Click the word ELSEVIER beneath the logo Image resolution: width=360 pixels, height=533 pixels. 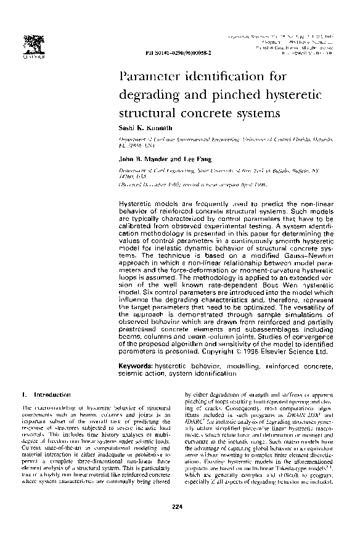click(30, 54)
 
